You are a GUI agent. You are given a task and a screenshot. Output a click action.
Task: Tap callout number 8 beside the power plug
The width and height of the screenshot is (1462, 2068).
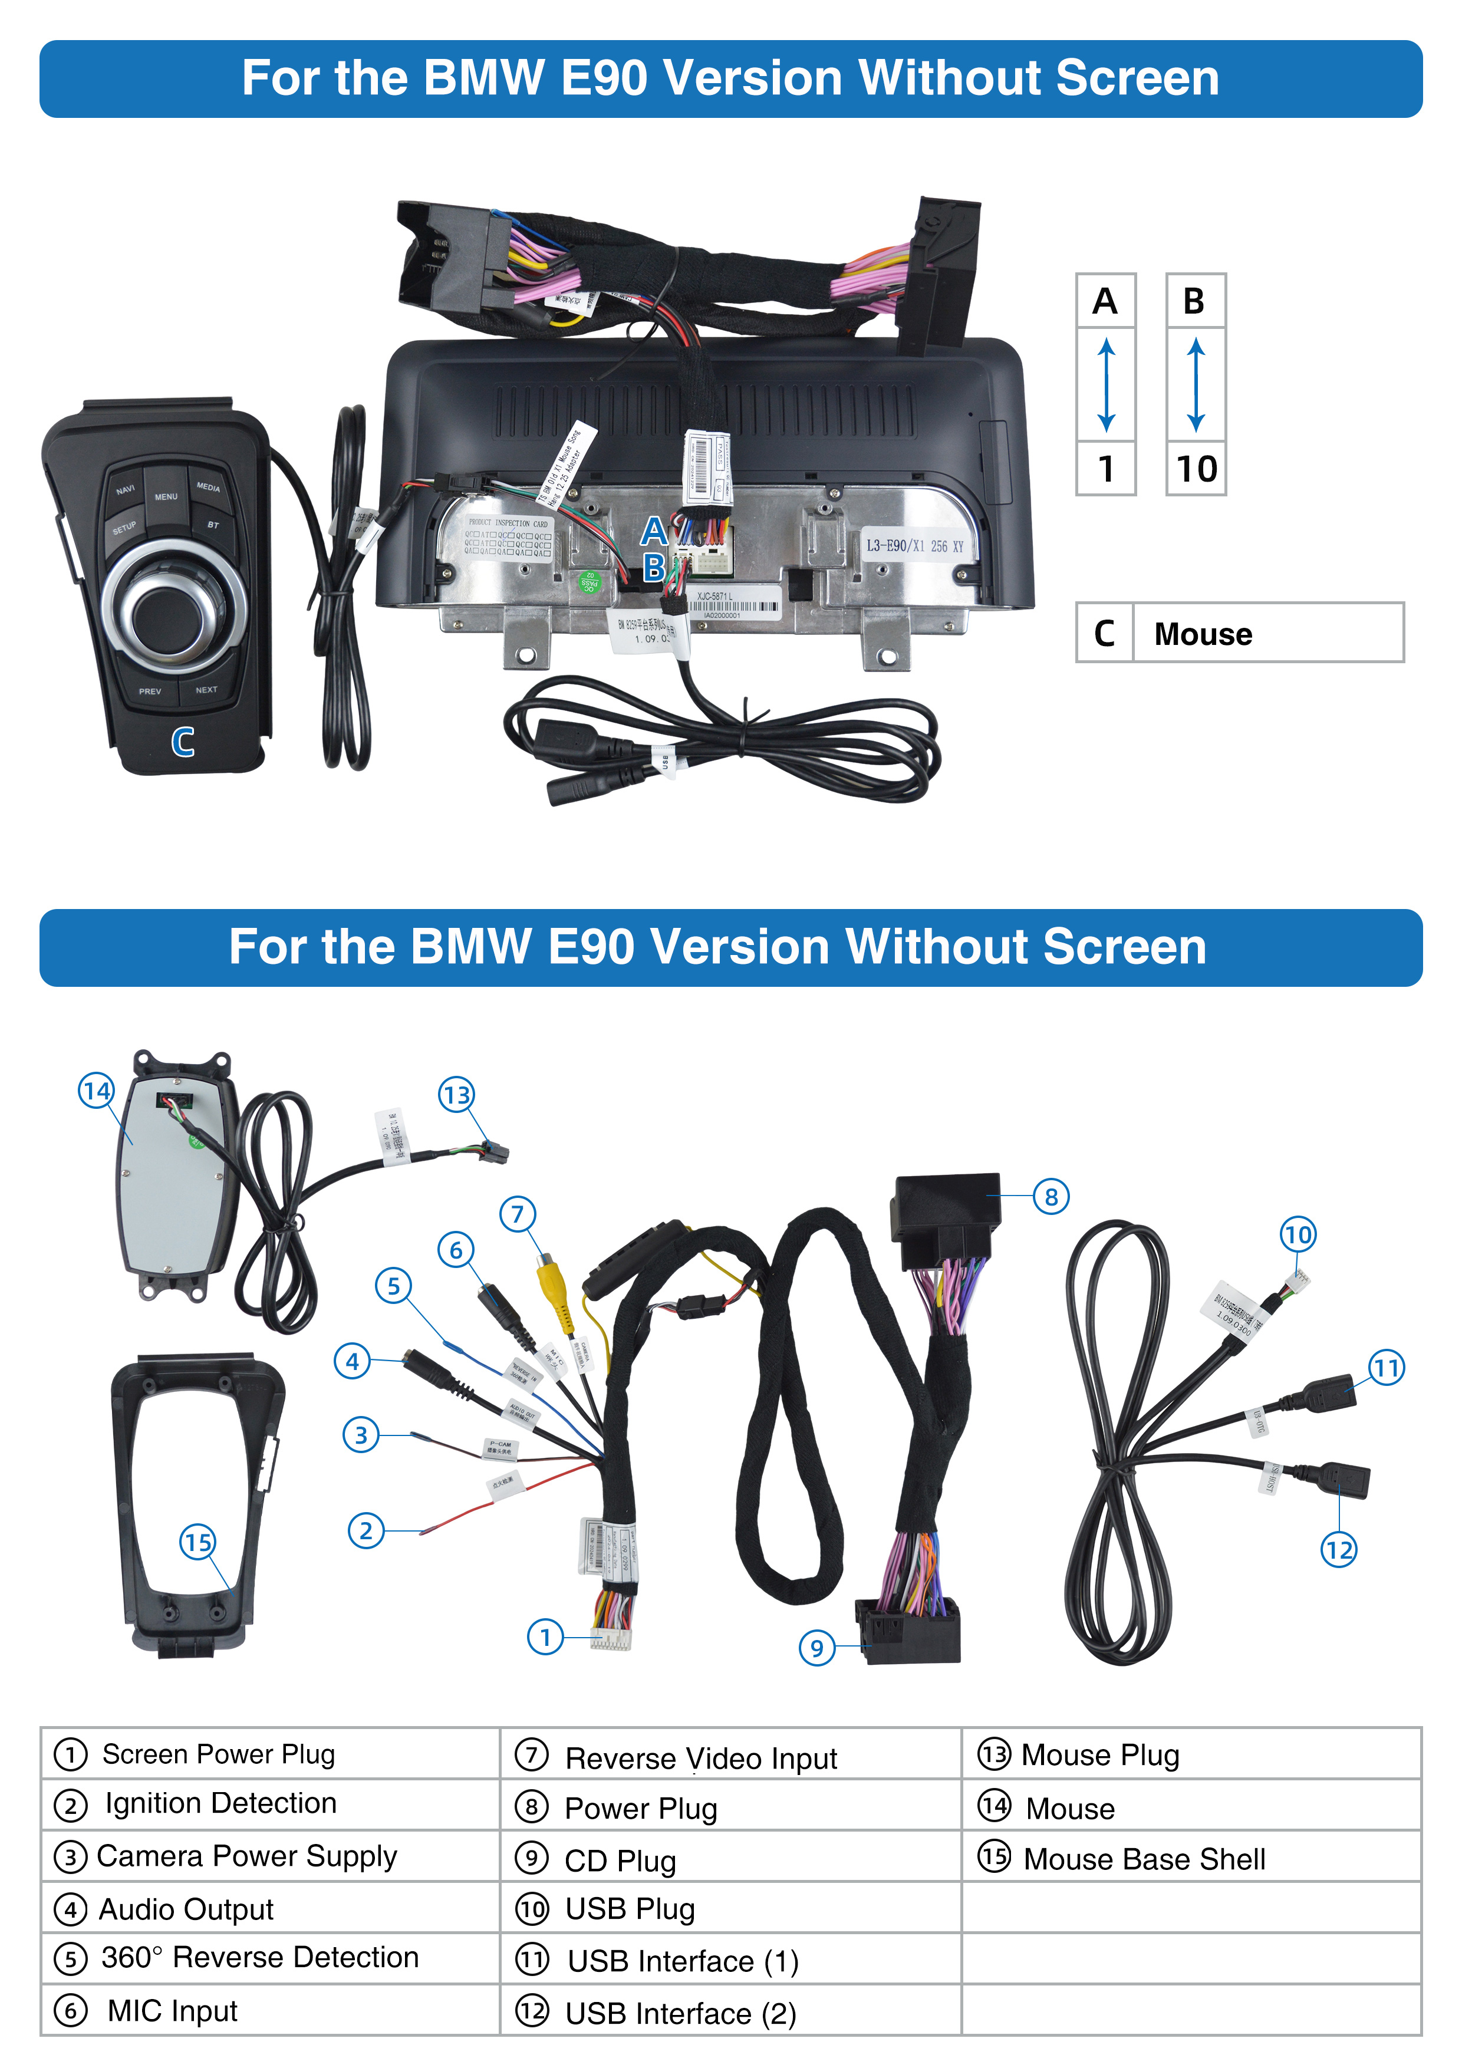1051,1197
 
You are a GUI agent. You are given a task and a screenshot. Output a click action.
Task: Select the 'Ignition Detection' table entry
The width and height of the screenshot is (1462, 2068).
220,1804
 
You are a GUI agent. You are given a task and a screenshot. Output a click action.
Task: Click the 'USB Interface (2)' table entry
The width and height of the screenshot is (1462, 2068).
680,2013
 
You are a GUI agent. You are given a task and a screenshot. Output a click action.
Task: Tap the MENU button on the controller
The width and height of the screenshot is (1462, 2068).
166,495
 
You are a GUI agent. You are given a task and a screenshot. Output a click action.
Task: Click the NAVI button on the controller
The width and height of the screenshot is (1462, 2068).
125,489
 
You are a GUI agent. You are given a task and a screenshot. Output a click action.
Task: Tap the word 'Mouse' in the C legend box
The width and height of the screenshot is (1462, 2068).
1203,634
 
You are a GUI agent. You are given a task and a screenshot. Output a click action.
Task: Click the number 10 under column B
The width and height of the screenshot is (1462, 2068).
1196,468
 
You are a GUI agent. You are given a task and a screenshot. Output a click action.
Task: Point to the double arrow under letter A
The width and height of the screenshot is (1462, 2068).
1106,384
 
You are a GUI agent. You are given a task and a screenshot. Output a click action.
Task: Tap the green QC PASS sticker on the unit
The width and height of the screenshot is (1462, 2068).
590,582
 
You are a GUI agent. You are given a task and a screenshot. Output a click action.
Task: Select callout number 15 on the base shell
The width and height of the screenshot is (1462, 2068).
197,1542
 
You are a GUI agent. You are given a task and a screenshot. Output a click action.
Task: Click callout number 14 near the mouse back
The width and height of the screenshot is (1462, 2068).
96,1091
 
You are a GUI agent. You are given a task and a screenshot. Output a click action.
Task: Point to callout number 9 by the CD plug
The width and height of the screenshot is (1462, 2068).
816,1648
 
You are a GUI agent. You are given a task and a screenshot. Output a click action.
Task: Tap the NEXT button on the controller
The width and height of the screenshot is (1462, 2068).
206,690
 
